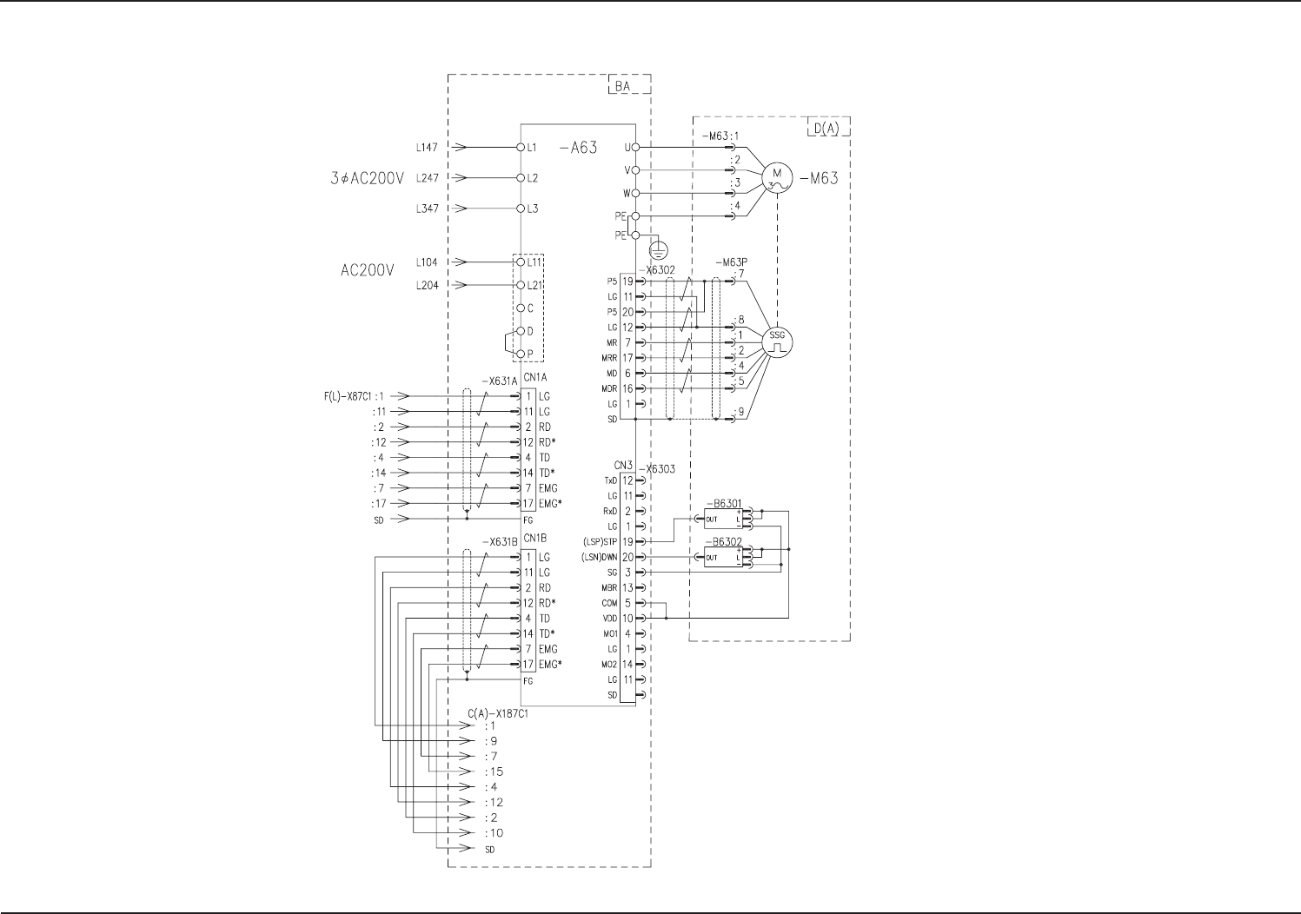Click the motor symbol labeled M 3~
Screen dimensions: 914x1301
(776, 178)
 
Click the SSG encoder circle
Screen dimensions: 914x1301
(777, 341)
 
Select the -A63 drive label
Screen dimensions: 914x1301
(578, 148)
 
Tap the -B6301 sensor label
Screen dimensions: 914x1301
(722, 504)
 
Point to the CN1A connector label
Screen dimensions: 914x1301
(534, 378)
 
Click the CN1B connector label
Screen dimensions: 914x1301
(534, 539)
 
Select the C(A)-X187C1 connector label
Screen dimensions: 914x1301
(498, 713)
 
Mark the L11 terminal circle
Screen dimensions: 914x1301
(521, 262)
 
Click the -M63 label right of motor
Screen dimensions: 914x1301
(819, 179)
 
